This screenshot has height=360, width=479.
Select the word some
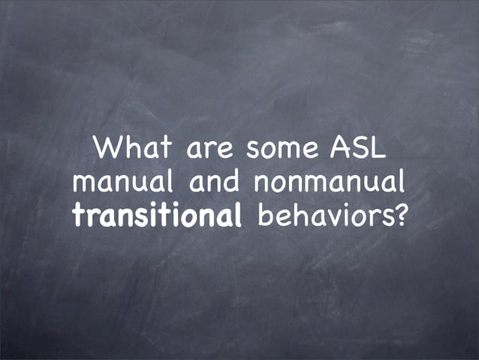pos(280,150)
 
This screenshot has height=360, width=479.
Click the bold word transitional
pos(157,216)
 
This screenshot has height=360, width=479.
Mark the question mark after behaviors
pos(399,215)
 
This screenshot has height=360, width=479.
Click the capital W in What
pos(105,147)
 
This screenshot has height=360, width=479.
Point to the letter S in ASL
pos(358,147)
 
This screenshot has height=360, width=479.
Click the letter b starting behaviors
pos(264,215)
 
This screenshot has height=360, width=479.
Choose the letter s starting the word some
pos(251,151)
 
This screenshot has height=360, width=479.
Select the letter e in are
pos(224,151)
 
